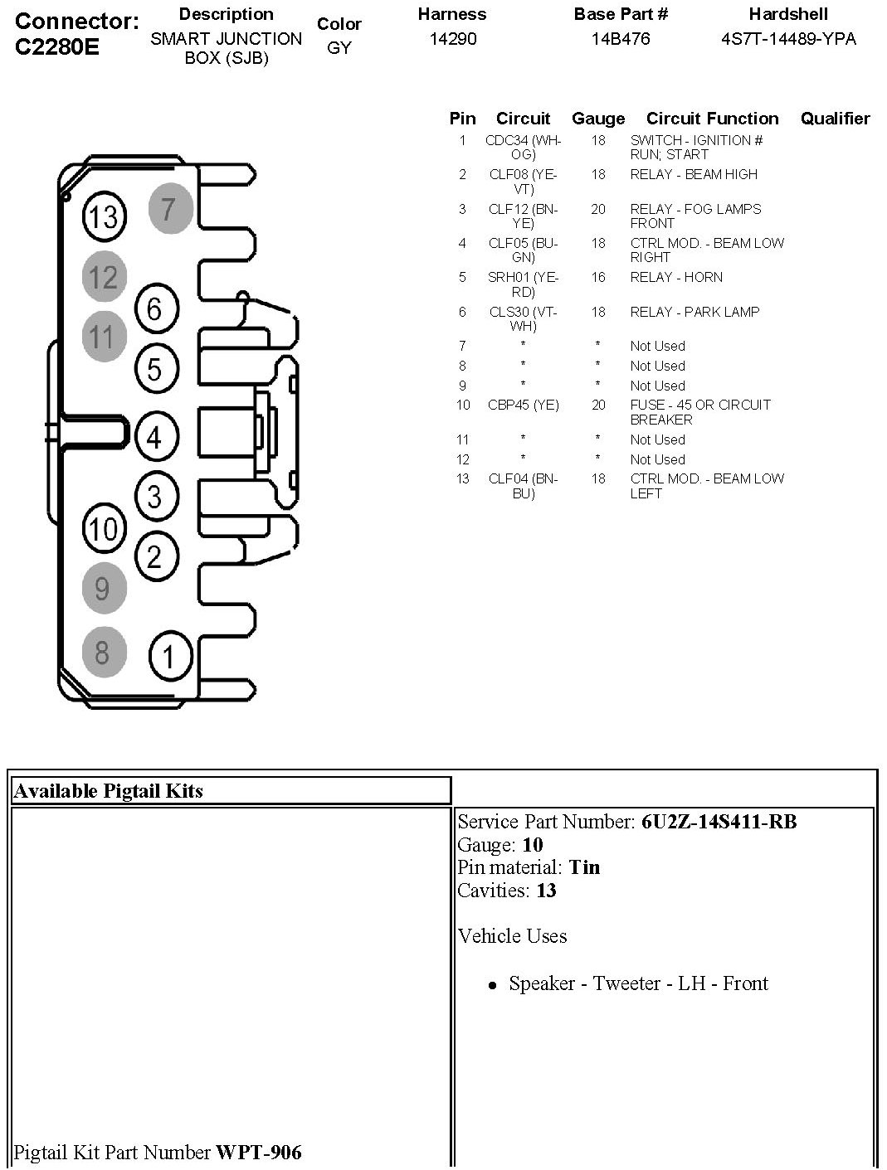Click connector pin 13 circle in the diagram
tap(104, 216)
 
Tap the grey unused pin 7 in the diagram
tap(170, 208)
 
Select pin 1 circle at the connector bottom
tap(170, 657)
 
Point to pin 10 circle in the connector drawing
tap(104, 528)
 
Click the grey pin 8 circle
tap(104, 652)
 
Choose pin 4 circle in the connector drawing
tap(155, 436)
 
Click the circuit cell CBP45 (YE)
tap(523, 405)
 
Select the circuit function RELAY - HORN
tap(675, 278)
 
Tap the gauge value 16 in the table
tap(598, 278)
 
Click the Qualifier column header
tap(835, 119)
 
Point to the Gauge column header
tap(597, 119)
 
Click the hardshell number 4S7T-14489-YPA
tap(788, 39)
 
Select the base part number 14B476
tap(621, 39)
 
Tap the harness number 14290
tap(452, 39)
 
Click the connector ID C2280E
tap(57, 46)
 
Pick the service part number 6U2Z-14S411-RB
tap(719, 822)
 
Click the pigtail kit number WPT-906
tap(259, 1152)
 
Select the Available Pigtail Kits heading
tap(109, 791)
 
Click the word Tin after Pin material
tap(584, 867)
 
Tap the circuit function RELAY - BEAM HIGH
tap(694, 175)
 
